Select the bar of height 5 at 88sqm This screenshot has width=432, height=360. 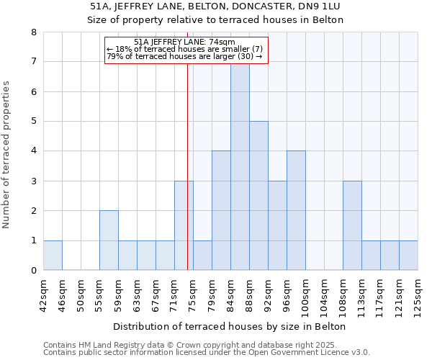[258, 196]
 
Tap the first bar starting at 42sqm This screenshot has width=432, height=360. [53, 256]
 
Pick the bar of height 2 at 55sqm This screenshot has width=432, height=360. [109, 240]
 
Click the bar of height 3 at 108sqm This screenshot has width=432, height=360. [352, 225]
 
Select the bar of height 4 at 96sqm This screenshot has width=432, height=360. [296, 210]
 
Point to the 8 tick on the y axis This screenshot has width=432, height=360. [33, 32]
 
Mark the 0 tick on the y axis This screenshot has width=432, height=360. [33, 271]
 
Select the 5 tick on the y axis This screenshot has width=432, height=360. [33, 122]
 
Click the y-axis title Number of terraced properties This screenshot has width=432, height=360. [6, 154]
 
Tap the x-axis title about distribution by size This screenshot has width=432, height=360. [230, 326]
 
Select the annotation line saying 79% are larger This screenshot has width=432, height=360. [184, 56]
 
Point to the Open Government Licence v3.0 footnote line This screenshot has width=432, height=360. [207, 353]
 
